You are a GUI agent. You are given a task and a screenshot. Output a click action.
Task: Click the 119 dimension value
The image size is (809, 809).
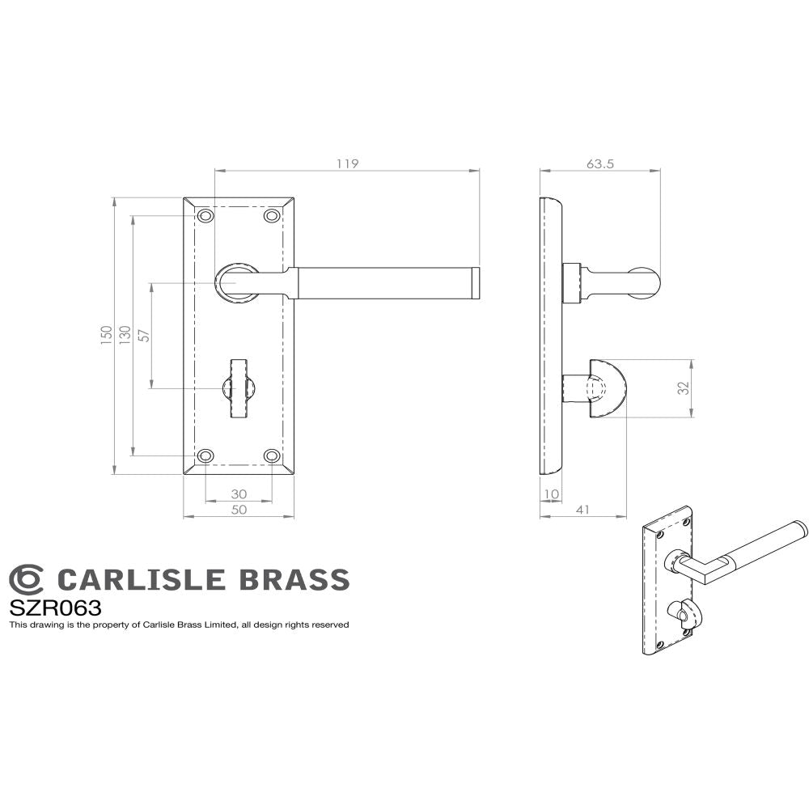[x=347, y=163]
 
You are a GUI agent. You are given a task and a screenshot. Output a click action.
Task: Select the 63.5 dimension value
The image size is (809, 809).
[x=599, y=163]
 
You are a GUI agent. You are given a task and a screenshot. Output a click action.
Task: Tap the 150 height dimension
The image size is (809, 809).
[x=106, y=335]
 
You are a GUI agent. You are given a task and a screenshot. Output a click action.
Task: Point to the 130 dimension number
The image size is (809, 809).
[x=125, y=335]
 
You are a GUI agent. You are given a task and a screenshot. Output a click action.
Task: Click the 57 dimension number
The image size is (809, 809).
[x=144, y=335]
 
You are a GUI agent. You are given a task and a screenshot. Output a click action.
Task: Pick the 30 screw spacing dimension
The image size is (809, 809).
[x=239, y=493]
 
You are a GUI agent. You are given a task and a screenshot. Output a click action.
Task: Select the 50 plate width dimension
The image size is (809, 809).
[x=239, y=510]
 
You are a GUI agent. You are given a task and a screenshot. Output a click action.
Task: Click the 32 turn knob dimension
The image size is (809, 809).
[x=684, y=388]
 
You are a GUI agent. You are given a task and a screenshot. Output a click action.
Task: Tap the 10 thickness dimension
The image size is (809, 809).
[x=551, y=493]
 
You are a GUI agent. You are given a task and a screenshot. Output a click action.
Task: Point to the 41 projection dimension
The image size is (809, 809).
[x=583, y=510]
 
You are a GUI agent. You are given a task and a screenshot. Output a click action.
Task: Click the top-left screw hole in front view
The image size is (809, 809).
[x=206, y=216]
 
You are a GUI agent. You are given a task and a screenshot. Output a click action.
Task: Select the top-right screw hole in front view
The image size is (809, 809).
[x=272, y=216]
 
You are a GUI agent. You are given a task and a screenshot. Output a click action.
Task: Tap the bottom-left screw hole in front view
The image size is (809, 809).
[x=206, y=456]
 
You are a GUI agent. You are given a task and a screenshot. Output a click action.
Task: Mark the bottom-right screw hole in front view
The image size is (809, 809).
[x=272, y=456]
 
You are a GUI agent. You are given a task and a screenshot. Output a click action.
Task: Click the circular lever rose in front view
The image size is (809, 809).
[x=238, y=283]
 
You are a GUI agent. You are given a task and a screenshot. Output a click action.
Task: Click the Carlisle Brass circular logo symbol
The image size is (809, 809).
[x=26, y=579]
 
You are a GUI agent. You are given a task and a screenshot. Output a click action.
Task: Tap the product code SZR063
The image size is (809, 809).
[x=55, y=608]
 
